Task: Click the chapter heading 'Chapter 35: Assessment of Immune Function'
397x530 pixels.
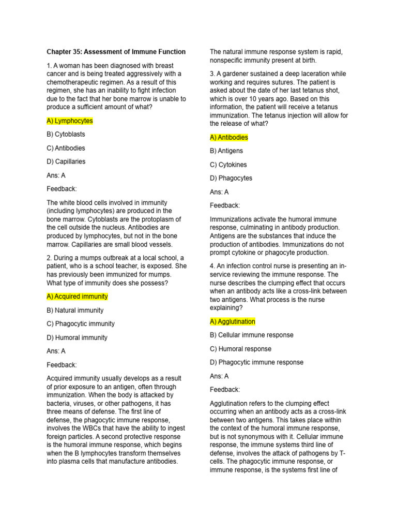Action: click(116, 52)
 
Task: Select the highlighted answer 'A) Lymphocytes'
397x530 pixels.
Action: click(70, 121)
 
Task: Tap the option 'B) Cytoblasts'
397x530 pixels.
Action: click(66, 134)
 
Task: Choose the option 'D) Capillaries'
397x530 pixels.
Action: click(66, 161)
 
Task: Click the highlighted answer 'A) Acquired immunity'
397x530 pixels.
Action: click(77, 297)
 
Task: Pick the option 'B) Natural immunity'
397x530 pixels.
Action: click(75, 311)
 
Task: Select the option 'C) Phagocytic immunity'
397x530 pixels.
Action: click(81, 324)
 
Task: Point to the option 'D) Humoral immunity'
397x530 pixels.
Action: click(77, 337)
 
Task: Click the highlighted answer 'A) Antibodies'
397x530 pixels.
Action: click(229, 138)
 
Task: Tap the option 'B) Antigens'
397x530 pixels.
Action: click(226, 151)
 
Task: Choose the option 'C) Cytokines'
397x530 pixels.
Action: click(228, 165)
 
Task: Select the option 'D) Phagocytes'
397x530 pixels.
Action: click(231, 178)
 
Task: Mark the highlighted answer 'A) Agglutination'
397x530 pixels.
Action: click(233, 321)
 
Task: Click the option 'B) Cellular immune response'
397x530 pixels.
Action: click(252, 335)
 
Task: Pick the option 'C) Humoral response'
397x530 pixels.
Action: click(240, 349)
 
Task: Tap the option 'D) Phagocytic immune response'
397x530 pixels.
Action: click(256, 362)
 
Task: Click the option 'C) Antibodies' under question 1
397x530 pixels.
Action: click(66, 148)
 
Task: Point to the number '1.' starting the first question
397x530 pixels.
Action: click(49, 66)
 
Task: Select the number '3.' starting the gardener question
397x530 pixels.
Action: click(212, 74)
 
